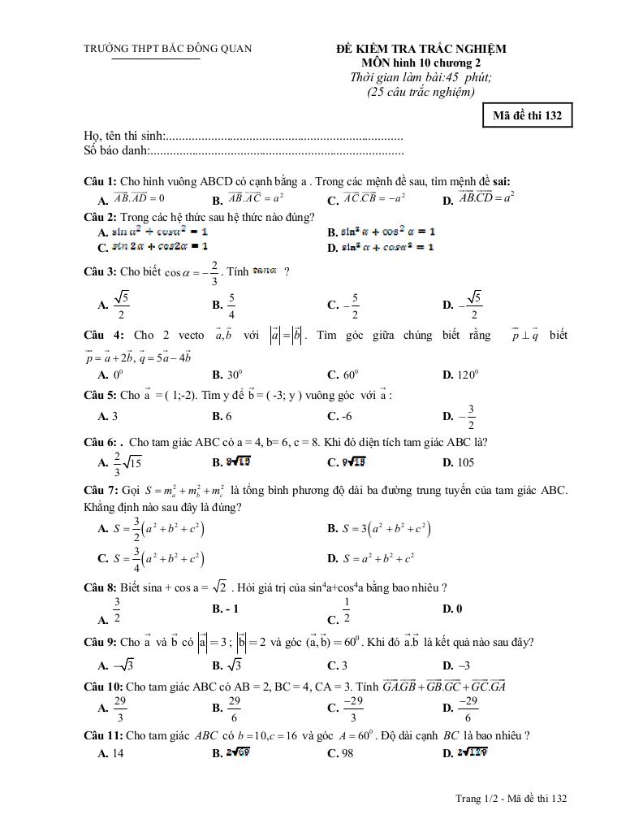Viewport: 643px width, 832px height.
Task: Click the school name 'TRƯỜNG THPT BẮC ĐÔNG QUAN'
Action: point(168,49)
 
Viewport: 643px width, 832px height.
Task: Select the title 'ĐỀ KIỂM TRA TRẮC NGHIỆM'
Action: point(421,50)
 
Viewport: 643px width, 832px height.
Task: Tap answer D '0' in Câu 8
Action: point(452,608)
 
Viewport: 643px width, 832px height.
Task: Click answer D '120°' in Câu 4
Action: point(460,375)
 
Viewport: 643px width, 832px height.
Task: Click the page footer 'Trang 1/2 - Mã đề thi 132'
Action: point(511,799)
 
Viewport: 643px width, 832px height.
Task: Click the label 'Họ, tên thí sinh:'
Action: point(124,136)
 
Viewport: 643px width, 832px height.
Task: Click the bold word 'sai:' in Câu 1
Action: point(499,181)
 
